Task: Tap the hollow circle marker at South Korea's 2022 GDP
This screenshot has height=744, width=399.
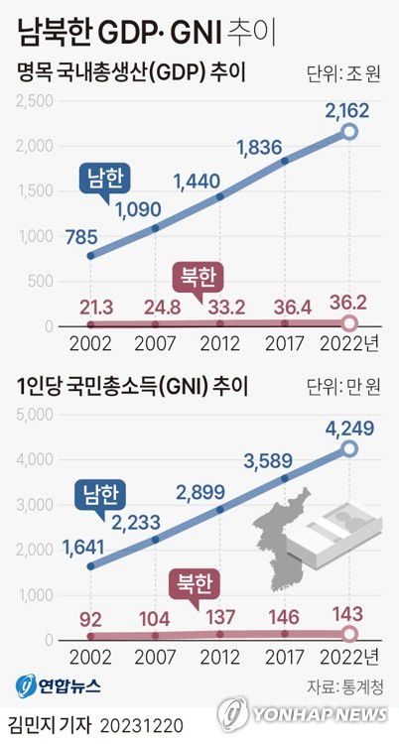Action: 348,131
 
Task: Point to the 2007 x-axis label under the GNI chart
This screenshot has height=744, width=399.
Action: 155,657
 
